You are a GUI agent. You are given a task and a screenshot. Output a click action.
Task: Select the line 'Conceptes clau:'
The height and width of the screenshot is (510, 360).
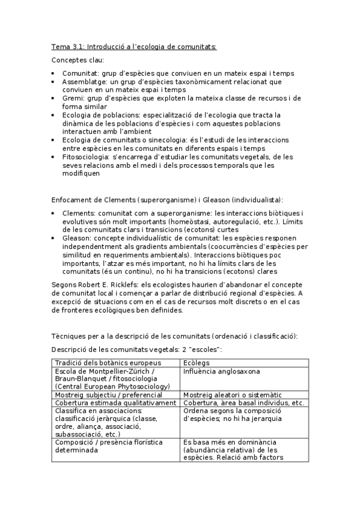(x=78, y=60)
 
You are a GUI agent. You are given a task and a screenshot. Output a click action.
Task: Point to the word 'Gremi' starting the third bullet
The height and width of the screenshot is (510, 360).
(x=73, y=97)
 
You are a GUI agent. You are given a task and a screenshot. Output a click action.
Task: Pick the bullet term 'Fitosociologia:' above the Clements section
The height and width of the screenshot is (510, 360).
(x=89, y=157)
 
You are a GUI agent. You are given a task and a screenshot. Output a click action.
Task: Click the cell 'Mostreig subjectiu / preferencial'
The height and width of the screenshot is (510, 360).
(x=112, y=395)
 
